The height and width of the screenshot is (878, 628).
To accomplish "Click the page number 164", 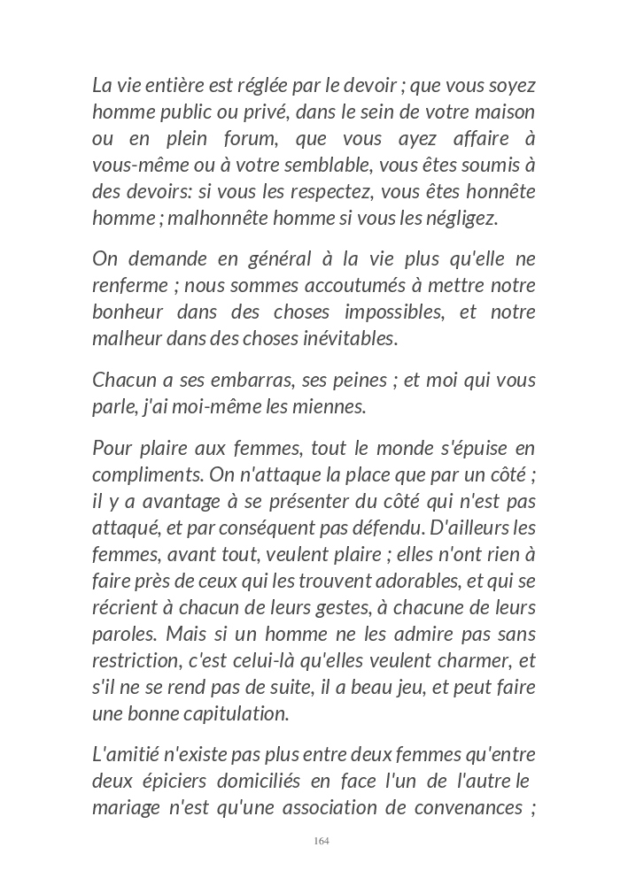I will (322, 841).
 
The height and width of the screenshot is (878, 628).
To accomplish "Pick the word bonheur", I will (128, 312).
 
